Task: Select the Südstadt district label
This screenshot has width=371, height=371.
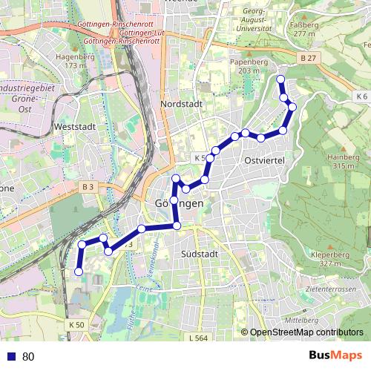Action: point(199,254)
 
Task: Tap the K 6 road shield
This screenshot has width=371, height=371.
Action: point(361,97)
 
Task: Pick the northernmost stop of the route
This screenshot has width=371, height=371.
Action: point(280,79)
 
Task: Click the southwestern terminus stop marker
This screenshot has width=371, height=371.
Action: point(78,272)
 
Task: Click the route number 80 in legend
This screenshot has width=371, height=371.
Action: point(28,357)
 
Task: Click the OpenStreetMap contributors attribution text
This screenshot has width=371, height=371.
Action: point(306,332)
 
